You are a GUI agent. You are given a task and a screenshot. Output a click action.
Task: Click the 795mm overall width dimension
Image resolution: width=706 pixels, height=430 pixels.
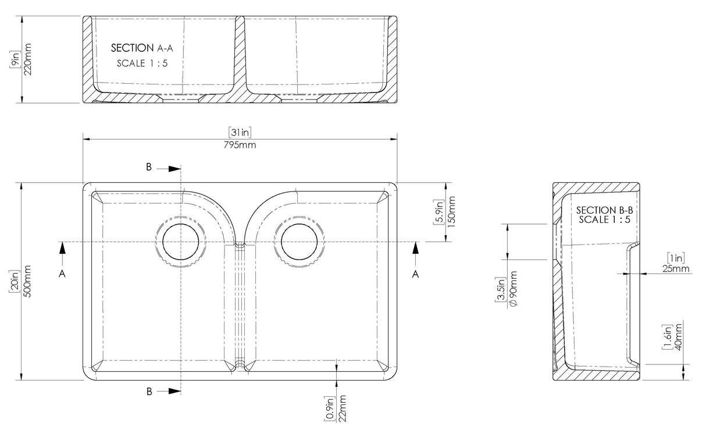(240, 145)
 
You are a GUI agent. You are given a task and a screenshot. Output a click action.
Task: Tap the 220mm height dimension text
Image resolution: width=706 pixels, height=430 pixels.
(28, 59)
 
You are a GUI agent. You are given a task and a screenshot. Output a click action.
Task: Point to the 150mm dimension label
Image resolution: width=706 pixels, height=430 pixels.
(451, 212)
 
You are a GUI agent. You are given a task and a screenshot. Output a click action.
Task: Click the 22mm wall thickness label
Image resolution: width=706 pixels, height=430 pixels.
(343, 408)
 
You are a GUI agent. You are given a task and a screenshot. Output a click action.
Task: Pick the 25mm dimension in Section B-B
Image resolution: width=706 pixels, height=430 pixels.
(675, 269)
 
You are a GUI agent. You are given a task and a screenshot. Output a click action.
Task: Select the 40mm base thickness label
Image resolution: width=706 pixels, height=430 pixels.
(678, 337)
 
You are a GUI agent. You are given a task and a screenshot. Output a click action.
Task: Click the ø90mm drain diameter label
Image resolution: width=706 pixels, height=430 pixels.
(513, 289)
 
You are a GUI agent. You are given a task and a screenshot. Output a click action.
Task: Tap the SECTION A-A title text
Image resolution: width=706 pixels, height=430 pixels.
(142, 48)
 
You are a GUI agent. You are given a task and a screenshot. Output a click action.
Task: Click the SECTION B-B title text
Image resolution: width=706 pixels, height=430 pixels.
(604, 210)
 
